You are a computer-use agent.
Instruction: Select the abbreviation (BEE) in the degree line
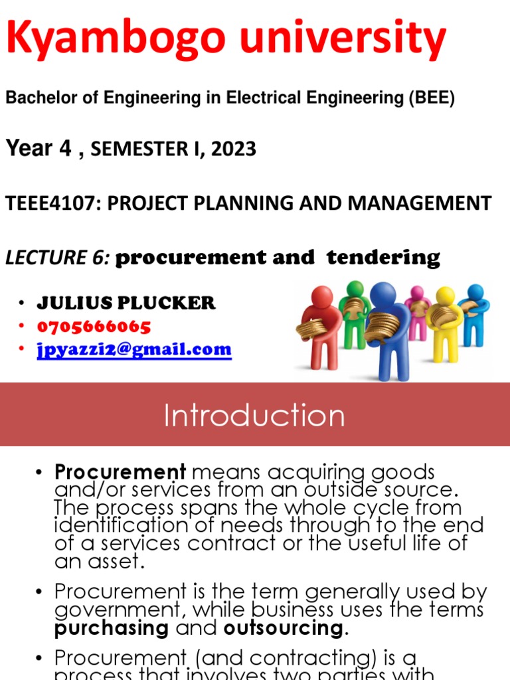[431, 98]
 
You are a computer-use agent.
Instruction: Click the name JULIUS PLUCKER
[126, 303]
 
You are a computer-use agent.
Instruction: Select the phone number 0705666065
[94, 326]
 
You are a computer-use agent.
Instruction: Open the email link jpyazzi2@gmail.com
[134, 349]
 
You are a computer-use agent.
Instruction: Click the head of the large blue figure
[382, 295]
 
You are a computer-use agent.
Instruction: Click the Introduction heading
[254, 416]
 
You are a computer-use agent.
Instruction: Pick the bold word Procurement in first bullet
[120, 472]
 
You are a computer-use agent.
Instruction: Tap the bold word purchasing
[112, 628]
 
